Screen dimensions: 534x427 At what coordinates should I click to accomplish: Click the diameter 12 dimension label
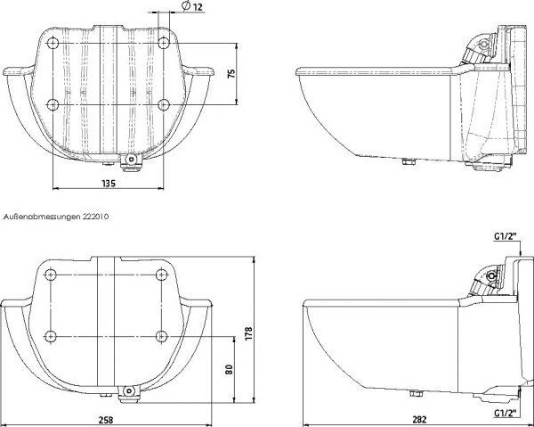(x=192, y=6)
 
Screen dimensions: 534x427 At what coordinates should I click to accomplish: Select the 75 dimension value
(x=231, y=74)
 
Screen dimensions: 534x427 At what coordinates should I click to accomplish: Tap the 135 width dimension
(x=109, y=183)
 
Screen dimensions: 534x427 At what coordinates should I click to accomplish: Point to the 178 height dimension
(x=248, y=333)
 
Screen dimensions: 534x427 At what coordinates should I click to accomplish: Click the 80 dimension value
(x=230, y=369)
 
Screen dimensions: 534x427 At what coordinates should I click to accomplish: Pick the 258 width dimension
(x=106, y=420)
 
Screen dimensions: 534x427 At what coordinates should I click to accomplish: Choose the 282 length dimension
(x=419, y=420)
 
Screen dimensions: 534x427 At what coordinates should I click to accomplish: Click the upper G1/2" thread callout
(x=506, y=236)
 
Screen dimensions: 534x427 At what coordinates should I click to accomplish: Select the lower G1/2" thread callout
(x=506, y=413)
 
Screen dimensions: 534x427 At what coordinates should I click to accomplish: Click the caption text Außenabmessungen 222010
(x=56, y=217)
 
